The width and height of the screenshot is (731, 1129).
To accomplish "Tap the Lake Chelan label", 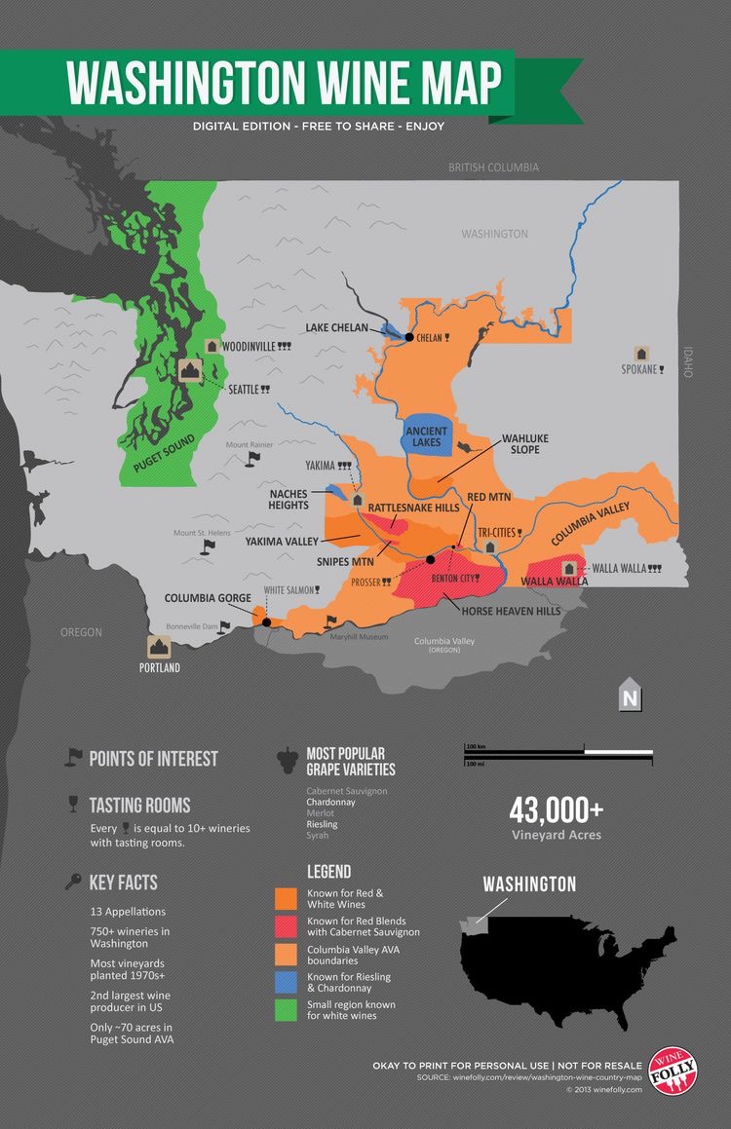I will tap(336, 328).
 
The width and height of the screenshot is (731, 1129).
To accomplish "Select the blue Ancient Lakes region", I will tap(427, 434).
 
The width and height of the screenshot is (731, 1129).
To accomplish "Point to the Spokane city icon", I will tap(641, 353).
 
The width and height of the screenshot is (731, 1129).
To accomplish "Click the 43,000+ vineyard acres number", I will tap(557, 810).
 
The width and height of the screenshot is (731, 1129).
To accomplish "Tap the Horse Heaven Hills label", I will tap(511, 611).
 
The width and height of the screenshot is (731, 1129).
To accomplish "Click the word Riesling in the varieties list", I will tap(323, 824).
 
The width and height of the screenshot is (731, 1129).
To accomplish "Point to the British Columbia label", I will tap(493, 168).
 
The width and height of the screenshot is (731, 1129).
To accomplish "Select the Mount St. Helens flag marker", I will tap(207, 546).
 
